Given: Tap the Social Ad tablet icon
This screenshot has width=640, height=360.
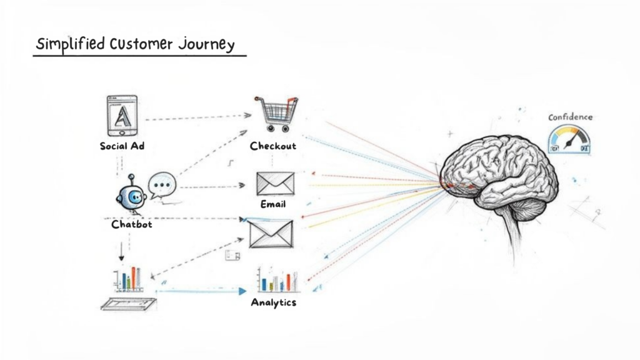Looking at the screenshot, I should click(x=122, y=116).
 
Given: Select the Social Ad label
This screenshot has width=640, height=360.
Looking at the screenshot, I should click(x=122, y=146).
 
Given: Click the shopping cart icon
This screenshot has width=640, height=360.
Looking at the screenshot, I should click(x=274, y=113).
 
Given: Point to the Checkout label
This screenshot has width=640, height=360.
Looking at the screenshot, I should click(x=273, y=146).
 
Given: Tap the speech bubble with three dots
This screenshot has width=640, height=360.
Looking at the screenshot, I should click(x=162, y=185).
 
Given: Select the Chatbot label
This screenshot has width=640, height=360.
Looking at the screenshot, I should click(x=131, y=224).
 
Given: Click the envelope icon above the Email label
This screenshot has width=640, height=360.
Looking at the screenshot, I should click(x=274, y=183).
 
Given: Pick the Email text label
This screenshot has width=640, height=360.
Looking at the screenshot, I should click(x=273, y=204).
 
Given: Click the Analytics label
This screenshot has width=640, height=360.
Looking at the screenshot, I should click(x=273, y=302).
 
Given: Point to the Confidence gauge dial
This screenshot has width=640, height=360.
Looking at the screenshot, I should click(x=569, y=139).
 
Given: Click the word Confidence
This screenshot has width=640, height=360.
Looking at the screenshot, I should click(x=570, y=117).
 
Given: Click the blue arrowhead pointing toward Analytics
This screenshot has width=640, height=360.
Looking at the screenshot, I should click(x=242, y=291).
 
